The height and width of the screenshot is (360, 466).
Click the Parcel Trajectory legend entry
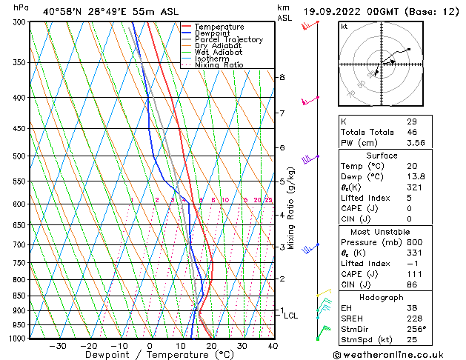(228, 39)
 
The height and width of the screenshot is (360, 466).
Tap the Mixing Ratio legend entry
(219, 64)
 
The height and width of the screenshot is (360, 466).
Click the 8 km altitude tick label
(282, 77)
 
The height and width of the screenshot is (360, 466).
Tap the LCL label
(291, 316)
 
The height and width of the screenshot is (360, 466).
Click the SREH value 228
(414, 319)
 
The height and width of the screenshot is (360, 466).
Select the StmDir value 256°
(416, 330)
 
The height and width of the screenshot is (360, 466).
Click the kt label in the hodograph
(344, 27)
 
